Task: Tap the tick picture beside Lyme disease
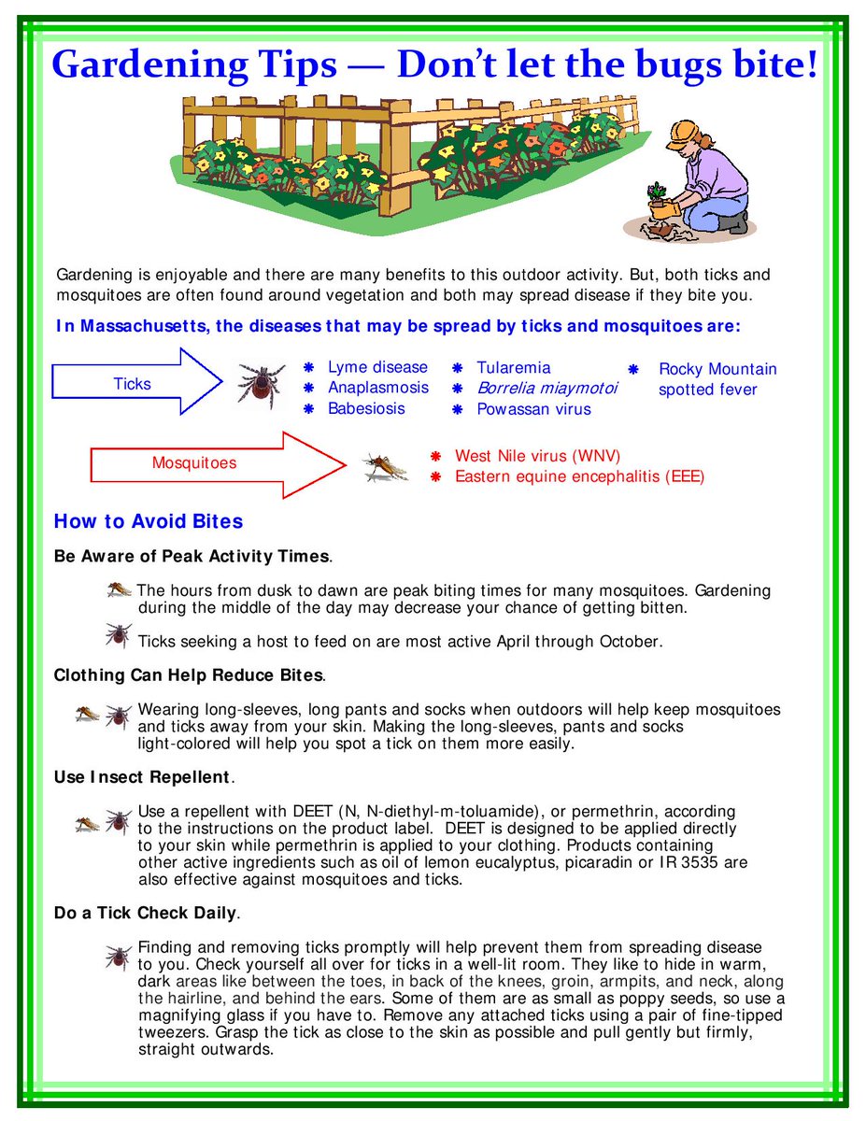pos(261,384)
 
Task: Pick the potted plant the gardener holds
pos(659,201)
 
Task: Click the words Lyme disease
pos(377,368)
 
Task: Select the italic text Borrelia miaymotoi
pos(547,389)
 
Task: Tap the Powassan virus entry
pos(533,409)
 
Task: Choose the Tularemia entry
pos(513,368)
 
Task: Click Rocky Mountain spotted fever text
pos(717,379)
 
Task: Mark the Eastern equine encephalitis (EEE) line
pos(579,476)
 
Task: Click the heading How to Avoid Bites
pos(149,521)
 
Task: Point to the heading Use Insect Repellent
pos(141,777)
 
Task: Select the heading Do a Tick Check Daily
pos(146,913)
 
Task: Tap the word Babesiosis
pos(366,409)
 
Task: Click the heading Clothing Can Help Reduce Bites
pos(189,674)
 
